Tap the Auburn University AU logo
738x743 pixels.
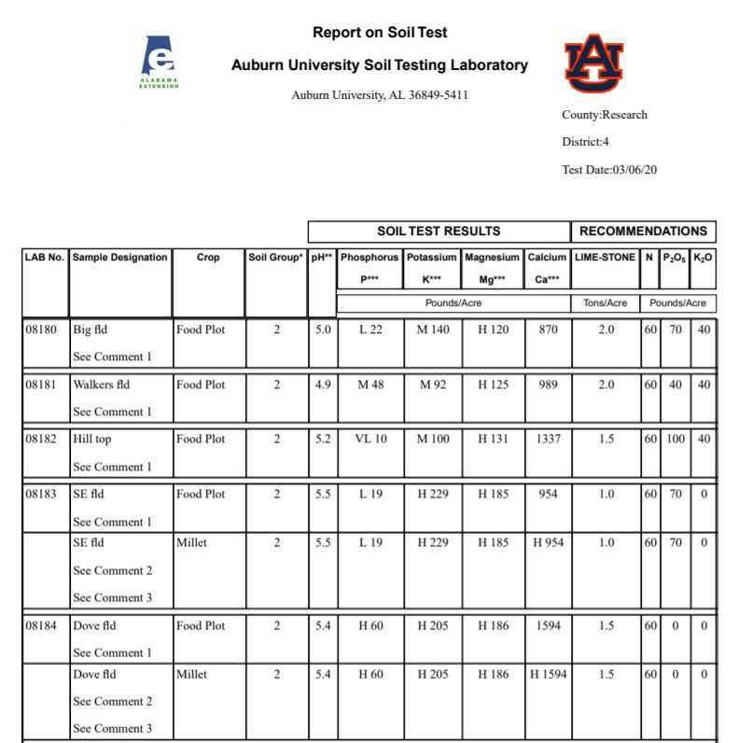click(x=594, y=63)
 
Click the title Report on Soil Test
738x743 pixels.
click(x=380, y=33)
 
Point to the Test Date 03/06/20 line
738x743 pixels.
click(x=609, y=170)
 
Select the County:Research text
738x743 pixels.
click(x=604, y=115)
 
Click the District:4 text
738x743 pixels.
click(x=585, y=142)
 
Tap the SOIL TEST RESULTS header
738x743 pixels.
click(x=439, y=231)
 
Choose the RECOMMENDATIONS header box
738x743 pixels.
click(x=643, y=231)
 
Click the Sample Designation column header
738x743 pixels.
click(x=120, y=258)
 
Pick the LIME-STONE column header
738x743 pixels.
click(x=605, y=258)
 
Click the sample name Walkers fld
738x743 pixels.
click(x=101, y=385)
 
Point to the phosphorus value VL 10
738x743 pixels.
click(x=370, y=440)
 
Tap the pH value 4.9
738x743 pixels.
click(x=323, y=385)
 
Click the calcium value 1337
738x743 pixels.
click(x=547, y=440)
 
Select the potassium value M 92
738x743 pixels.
click(x=433, y=385)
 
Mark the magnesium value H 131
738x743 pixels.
click(x=493, y=440)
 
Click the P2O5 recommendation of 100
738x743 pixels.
click(x=675, y=440)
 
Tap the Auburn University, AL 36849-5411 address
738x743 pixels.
click(x=380, y=95)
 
